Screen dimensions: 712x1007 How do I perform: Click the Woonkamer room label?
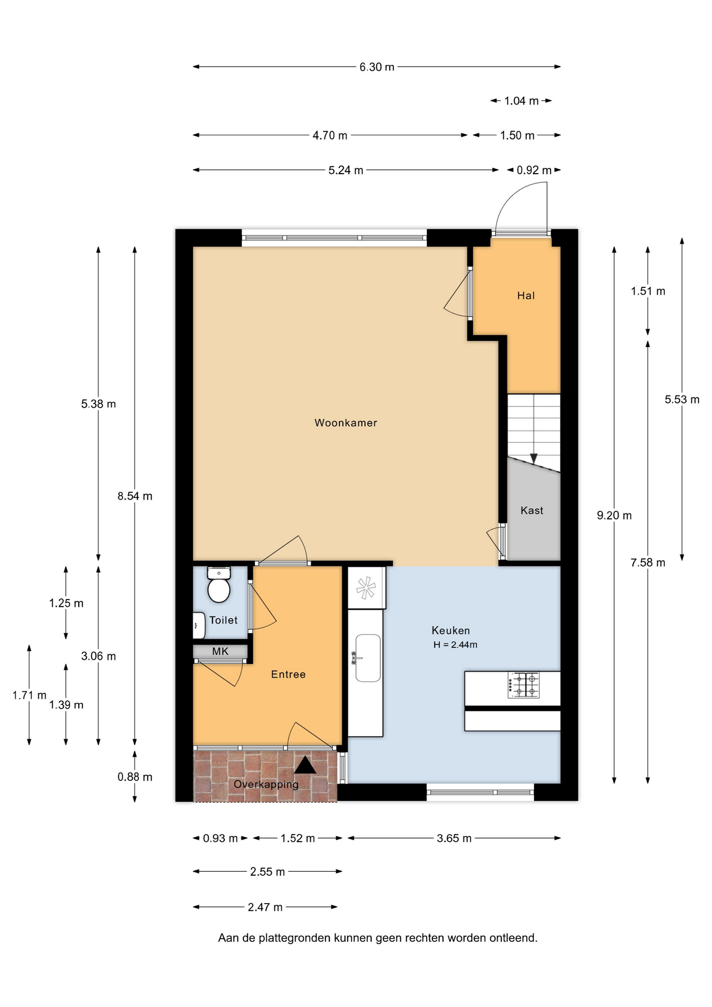point(346,423)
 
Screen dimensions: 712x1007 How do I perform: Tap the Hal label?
point(526,296)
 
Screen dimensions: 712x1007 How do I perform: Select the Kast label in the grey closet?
point(532,510)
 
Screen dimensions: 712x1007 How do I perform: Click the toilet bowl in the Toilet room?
point(219,585)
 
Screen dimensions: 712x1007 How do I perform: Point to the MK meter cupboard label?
point(220,651)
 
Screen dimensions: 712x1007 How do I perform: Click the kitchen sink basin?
point(368,658)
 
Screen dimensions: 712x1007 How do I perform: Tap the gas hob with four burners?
point(523,685)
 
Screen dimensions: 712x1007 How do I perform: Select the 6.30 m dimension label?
point(377,67)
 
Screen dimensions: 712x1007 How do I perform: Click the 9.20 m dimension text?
point(614,516)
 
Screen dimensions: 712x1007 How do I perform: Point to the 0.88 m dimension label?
point(135,777)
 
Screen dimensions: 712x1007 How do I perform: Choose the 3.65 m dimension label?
point(454,838)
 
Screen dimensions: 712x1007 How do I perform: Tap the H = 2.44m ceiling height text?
point(455,645)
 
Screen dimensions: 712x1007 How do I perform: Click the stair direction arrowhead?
point(534,458)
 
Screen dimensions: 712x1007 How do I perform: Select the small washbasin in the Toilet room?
point(199,625)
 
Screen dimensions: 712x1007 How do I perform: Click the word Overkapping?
point(266,784)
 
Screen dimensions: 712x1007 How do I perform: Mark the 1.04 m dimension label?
point(521,101)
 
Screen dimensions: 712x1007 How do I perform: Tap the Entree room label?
point(288,674)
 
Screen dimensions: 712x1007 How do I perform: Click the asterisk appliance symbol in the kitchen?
point(366,587)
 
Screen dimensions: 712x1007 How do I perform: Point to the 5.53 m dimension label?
point(682,400)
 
